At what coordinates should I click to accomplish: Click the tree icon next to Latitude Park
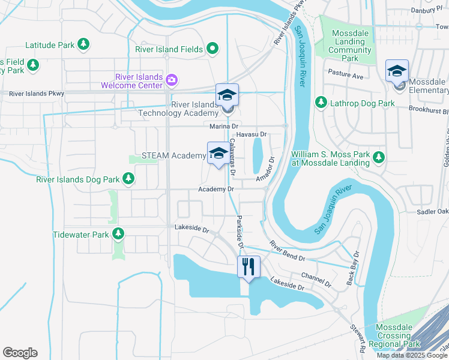pos(84,44)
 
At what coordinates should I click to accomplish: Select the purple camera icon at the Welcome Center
pos(172,80)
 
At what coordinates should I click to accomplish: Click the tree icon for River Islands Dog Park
pos(128,178)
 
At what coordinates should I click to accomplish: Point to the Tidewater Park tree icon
pos(118,234)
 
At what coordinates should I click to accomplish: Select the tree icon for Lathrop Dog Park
pos(321,103)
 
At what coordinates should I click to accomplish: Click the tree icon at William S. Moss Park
pos(379,157)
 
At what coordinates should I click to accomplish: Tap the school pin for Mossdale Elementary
pos(397,71)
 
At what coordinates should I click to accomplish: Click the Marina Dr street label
pos(224,127)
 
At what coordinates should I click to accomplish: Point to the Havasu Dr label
pos(251,134)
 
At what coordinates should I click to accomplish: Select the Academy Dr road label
pos(215,189)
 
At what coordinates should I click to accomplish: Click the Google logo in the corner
pos(20,353)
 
